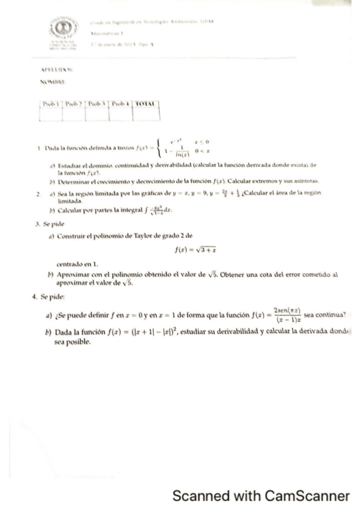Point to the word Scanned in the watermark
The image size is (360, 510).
197,496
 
